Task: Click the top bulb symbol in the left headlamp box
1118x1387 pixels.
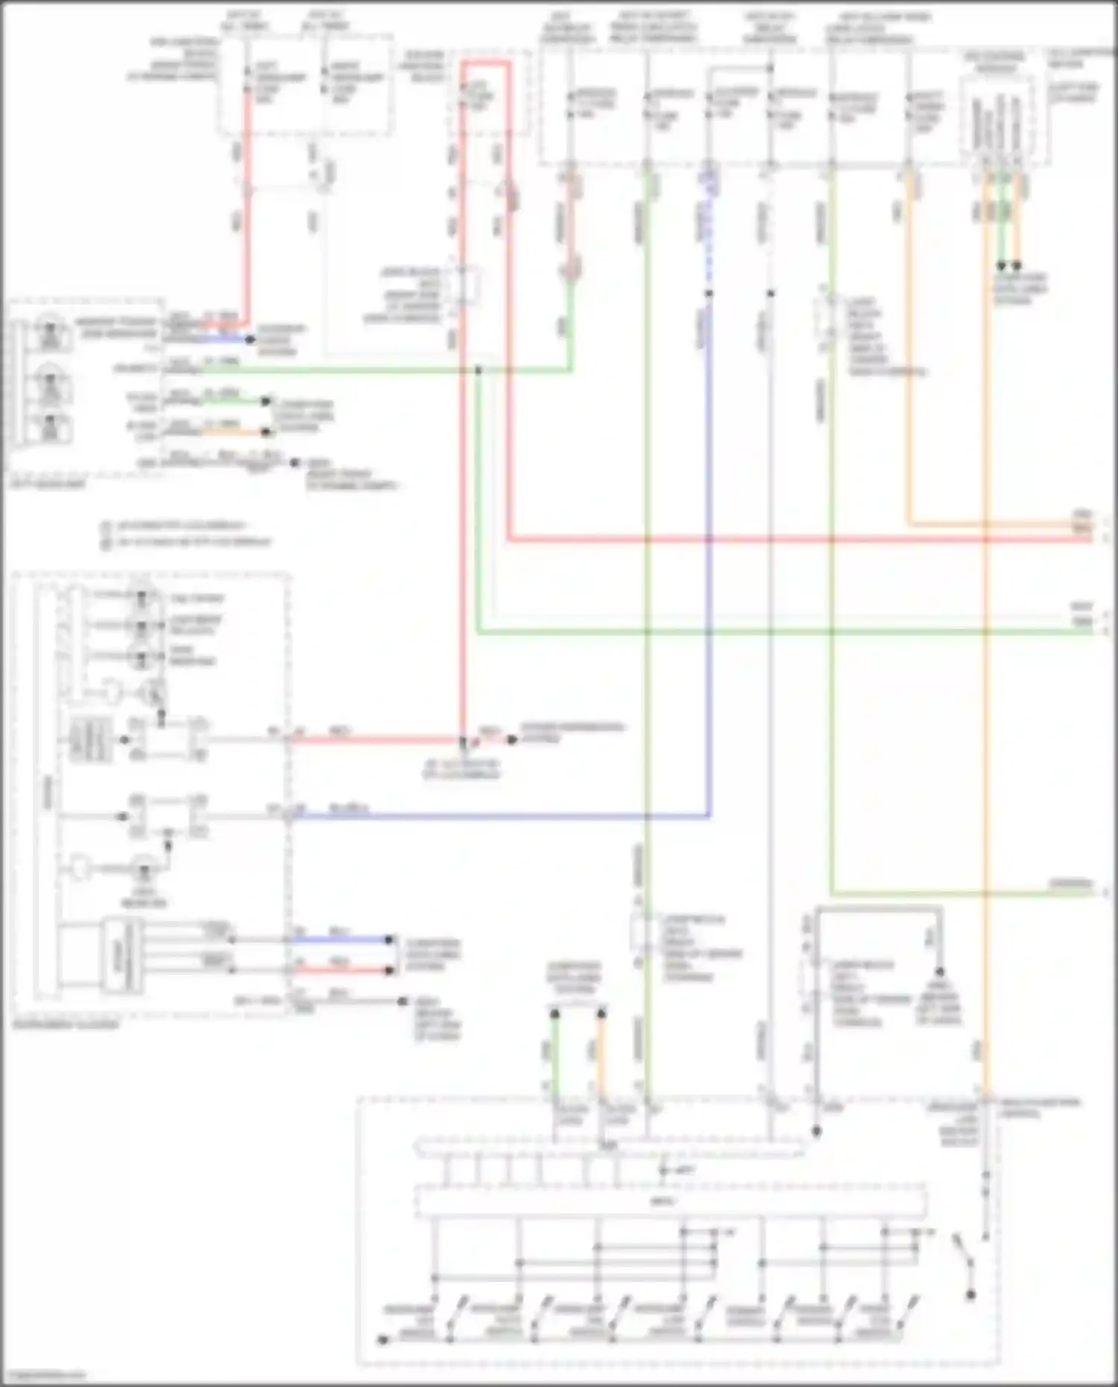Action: [50, 331]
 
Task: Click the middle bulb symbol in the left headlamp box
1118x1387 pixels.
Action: [50, 380]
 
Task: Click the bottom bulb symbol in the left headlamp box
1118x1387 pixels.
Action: [50, 427]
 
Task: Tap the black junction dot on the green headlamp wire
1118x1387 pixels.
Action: [479, 370]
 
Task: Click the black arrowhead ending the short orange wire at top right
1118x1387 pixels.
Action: [1017, 266]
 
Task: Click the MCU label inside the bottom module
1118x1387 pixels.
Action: [662, 1201]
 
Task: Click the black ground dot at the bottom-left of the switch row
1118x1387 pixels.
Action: [382, 1339]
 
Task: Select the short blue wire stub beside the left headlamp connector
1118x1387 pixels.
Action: [224, 339]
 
